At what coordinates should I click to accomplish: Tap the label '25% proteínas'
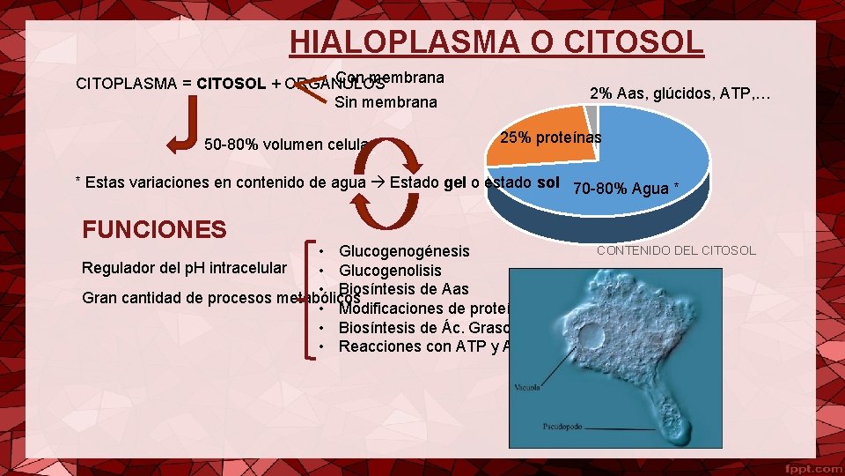tap(551, 138)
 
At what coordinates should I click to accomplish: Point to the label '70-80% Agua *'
tap(626, 188)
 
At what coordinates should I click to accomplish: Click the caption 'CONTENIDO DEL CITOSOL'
tap(676, 250)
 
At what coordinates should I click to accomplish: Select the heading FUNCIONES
tap(154, 230)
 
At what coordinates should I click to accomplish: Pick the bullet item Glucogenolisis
tap(390, 271)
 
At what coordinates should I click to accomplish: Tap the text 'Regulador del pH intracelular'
tap(184, 267)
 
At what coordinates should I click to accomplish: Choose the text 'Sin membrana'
tap(386, 102)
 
